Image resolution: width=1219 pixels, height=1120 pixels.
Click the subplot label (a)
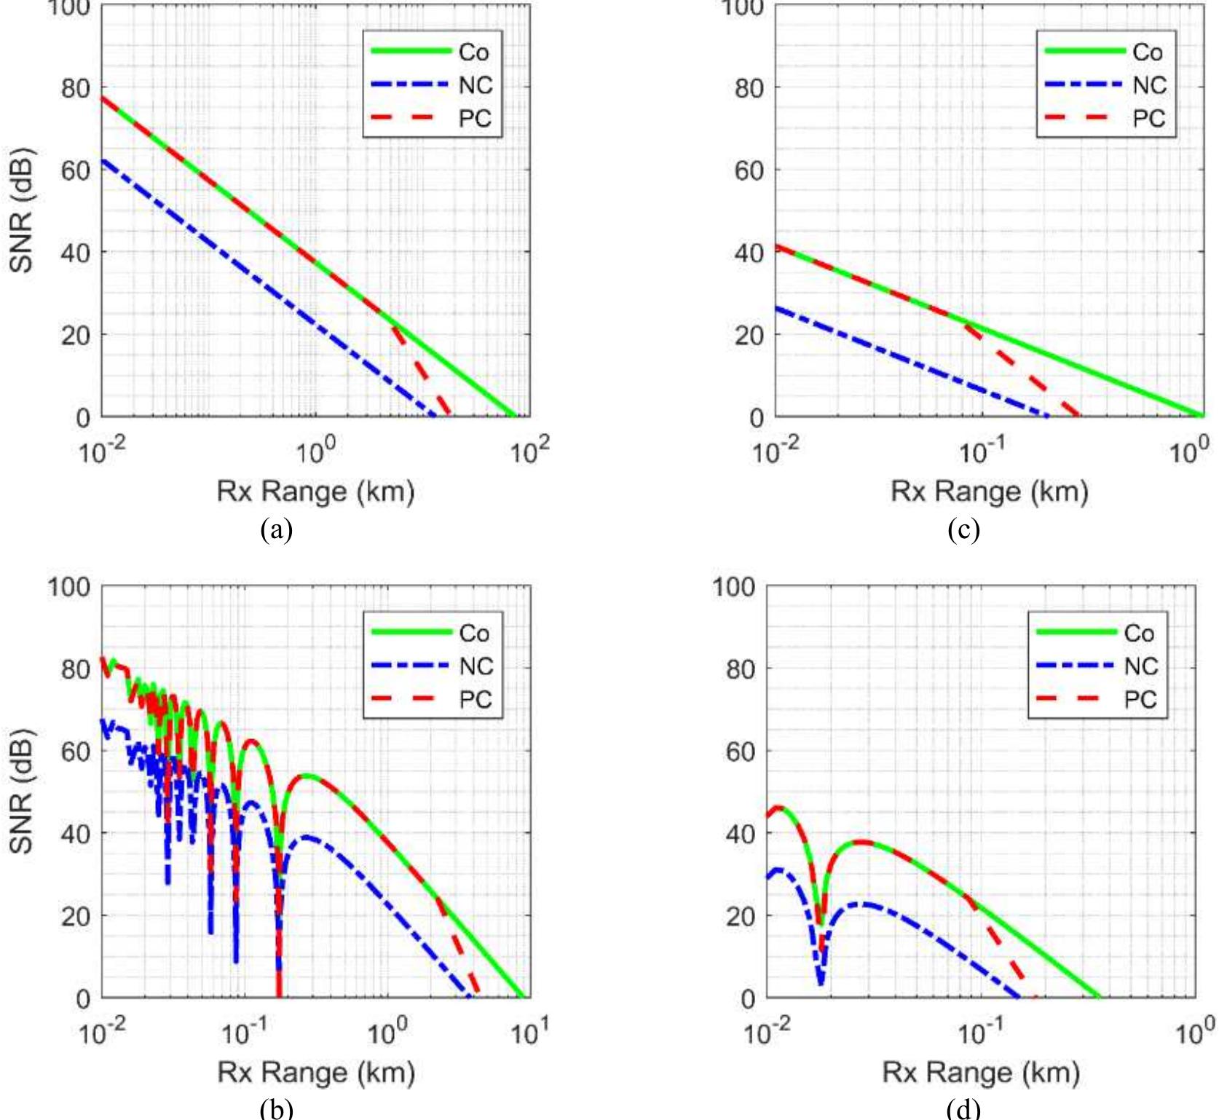pos(276,529)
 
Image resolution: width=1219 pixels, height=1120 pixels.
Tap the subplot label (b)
pos(276,1108)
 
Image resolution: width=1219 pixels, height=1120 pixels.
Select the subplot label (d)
pos(963,1108)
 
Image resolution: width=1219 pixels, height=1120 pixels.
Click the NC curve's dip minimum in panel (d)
pos(821,983)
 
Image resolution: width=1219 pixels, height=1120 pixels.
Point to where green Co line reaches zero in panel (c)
pos(1202,416)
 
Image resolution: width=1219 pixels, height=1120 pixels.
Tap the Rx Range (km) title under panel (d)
pos(980,1072)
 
